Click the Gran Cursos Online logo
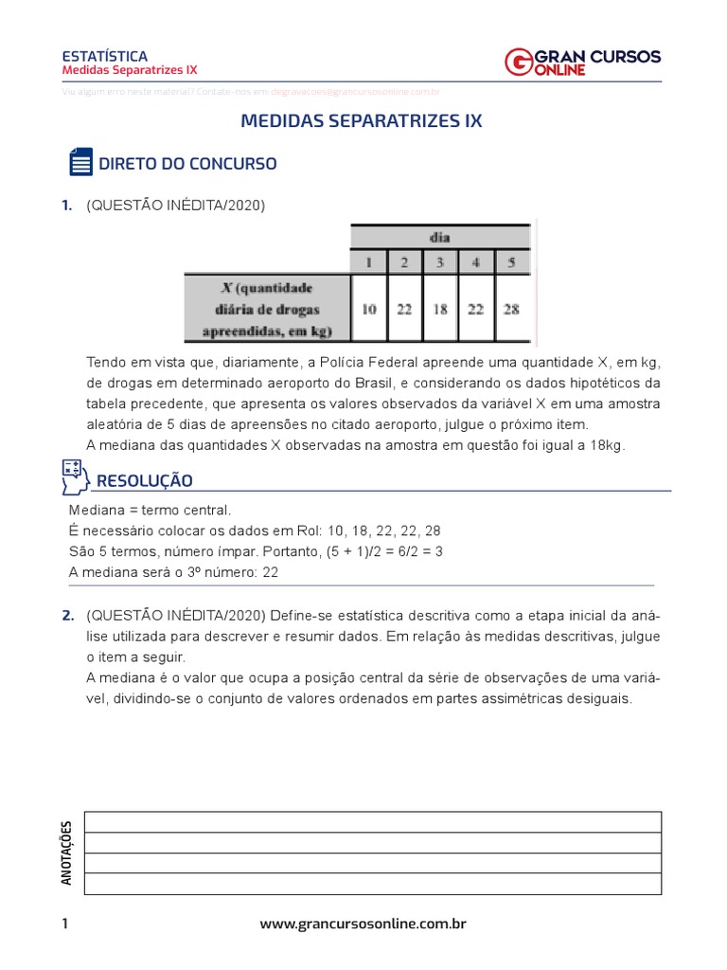583,62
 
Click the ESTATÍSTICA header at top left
103,56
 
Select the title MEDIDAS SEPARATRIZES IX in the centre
362,121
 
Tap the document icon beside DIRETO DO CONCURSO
80,163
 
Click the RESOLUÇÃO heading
144,481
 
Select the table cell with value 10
368,309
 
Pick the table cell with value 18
440,309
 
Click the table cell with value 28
511,309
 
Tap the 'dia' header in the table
440,237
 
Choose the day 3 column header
440,261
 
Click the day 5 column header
511,261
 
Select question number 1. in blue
66,205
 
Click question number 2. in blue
67,616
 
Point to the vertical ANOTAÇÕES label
66,853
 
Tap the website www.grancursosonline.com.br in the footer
363,924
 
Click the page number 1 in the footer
64,924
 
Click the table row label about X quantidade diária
267,309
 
